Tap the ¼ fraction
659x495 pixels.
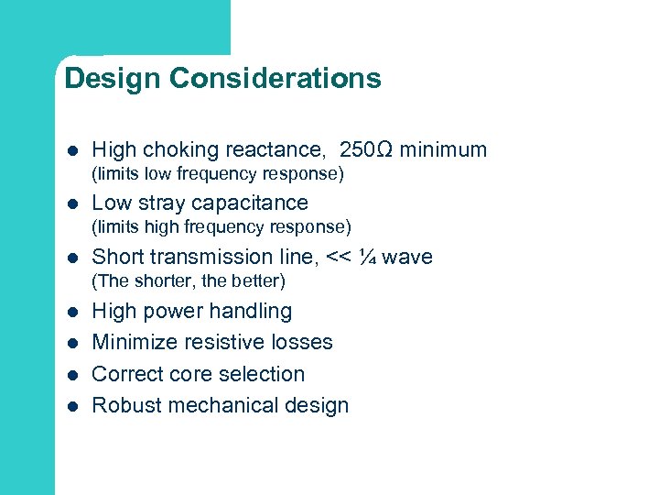[x=367, y=257]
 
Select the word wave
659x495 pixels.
[x=407, y=257]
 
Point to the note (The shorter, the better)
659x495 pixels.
[x=189, y=280]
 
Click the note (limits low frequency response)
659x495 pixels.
[x=218, y=173]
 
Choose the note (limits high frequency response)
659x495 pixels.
[x=221, y=225]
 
